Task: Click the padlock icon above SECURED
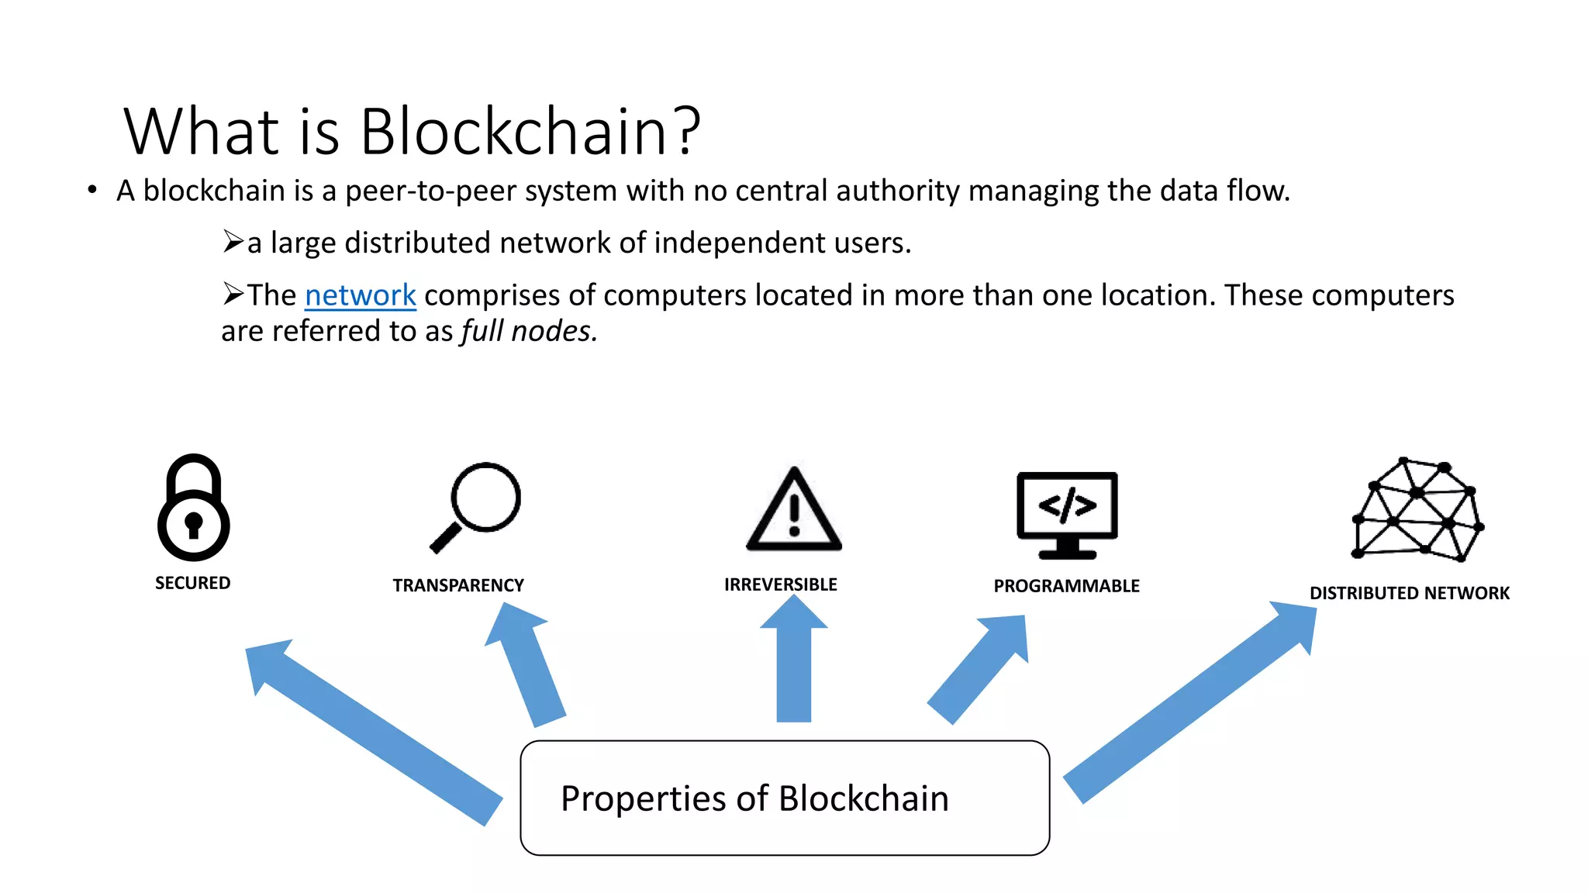[x=193, y=508]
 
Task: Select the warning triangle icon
[x=793, y=511]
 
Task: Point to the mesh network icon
[x=1417, y=510]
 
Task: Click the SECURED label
[x=192, y=583]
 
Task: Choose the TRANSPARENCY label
[x=458, y=585]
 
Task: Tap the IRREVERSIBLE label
[x=780, y=584]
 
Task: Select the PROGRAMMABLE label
[x=1066, y=586]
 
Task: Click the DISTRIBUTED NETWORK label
[x=1409, y=593]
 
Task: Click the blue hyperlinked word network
[x=361, y=295]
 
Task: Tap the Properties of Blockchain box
[x=785, y=798]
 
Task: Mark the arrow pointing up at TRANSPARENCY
[x=526, y=666]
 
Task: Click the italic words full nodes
[x=529, y=331]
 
